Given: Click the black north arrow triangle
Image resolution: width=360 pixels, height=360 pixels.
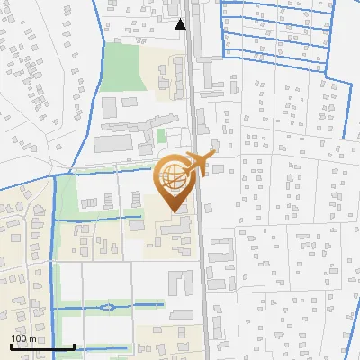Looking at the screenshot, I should coord(181,24).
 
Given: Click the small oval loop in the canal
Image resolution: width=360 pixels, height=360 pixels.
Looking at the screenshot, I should coord(107,308).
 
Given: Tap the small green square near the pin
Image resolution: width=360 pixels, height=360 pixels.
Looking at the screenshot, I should coord(161,136).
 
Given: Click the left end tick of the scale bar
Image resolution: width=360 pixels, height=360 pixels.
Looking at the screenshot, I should coord(12,346).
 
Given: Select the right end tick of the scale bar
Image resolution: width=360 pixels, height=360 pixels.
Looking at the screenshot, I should coord(73,346).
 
